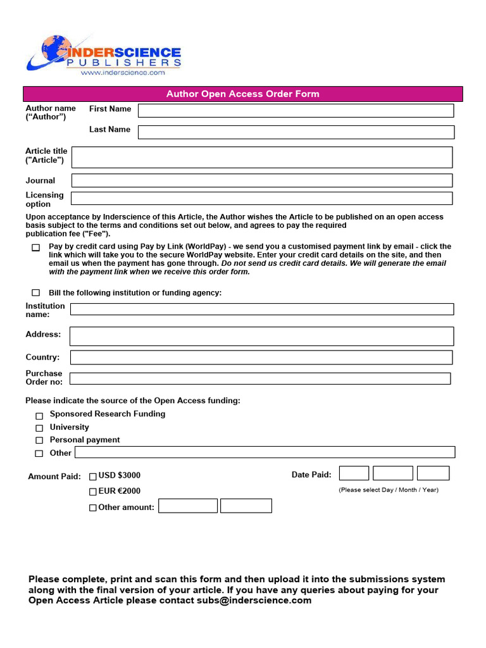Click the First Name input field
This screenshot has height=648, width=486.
(296, 111)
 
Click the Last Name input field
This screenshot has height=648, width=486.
(296, 132)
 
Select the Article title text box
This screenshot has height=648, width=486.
(262, 157)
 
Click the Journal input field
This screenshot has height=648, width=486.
(262, 180)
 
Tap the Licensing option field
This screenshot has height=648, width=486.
(262, 198)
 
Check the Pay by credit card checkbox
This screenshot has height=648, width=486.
(36, 248)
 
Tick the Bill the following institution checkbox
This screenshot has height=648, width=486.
(36, 293)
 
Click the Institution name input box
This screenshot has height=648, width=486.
(262, 309)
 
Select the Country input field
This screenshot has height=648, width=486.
(262, 358)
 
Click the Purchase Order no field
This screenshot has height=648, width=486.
(260, 378)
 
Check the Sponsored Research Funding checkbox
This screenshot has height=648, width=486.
(39, 416)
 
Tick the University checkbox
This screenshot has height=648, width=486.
(39, 428)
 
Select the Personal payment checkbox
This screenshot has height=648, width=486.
(39, 440)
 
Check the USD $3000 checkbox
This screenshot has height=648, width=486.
(93, 477)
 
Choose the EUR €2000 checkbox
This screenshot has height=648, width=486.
(93, 492)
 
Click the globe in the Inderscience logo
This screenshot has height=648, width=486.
(55, 49)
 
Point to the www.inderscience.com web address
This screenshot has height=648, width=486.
(122, 73)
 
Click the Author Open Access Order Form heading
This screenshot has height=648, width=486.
(243, 94)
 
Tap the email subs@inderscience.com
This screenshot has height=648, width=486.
(254, 601)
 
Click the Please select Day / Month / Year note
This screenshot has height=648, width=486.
(388, 490)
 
